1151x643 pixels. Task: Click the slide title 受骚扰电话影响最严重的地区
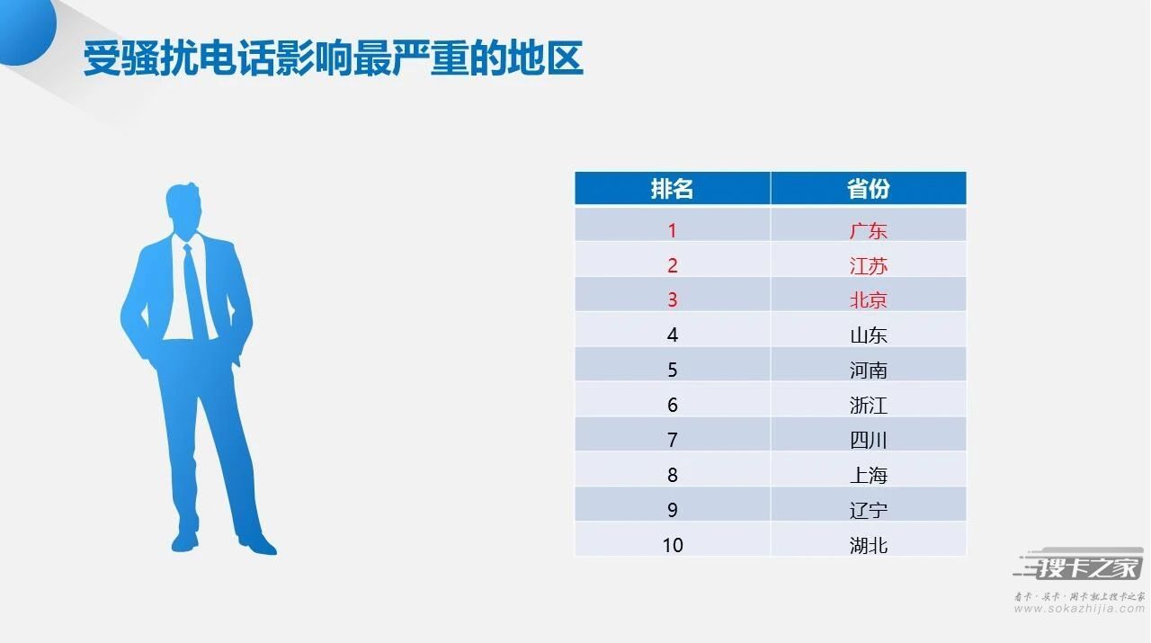click(333, 58)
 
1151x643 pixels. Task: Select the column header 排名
click(672, 189)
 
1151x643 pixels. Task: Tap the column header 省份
click(869, 189)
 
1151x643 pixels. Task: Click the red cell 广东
click(869, 231)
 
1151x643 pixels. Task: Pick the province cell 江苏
click(869, 265)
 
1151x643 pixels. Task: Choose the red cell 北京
click(869, 300)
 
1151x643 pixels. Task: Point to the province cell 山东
click(869, 335)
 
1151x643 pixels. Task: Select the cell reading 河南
click(869, 371)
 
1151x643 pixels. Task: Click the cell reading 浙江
click(869, 405)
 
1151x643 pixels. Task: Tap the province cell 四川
click(869, 440)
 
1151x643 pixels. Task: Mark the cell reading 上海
click(869, 475)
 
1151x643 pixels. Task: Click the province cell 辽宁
click(869, 510)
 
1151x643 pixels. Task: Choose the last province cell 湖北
click(869, 545)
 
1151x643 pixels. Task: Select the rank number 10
click(673, 545)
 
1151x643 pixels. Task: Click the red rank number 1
click(672, 231)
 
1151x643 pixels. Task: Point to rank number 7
click(672, 440)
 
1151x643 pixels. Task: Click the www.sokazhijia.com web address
click(1080, 609)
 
